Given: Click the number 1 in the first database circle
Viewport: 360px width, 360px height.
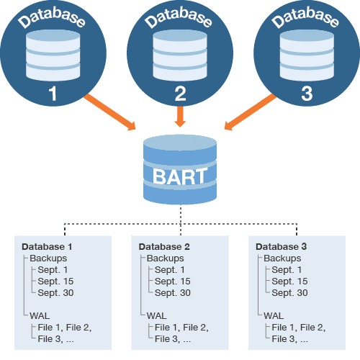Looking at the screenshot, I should tap(51, 93).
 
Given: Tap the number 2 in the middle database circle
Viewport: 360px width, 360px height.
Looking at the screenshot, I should tap(180, 93).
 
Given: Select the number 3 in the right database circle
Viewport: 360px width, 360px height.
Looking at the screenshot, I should tap(307, 93).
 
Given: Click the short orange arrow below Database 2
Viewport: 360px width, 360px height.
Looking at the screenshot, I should tap(180, 115).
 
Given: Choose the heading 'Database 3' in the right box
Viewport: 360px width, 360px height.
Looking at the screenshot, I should tap(282, 246).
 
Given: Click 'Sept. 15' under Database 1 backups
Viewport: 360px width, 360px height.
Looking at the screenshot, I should tap(55, 281).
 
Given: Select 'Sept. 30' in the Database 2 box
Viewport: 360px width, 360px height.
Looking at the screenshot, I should tap(173, 292).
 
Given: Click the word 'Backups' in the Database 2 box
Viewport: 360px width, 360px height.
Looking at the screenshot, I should tap(166, 258).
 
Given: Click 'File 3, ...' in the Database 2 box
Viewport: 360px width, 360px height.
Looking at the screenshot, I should tap(172, 338).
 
